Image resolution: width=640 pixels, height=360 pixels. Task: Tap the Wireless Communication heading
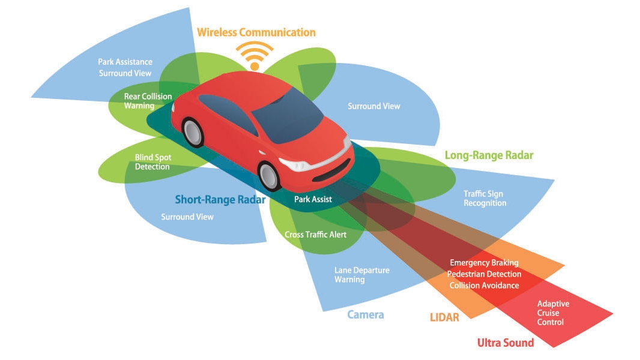click(x=256, y=32)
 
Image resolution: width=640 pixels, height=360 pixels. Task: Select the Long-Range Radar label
click(x=489, y=155)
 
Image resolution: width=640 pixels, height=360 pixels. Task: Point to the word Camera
click(x=365, y=314)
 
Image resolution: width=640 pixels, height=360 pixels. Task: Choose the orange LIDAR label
click(x=444, y=317)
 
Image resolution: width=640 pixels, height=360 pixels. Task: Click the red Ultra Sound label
click(x=505, y=343)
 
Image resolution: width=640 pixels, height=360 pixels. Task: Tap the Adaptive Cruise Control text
click(x=553, y=313)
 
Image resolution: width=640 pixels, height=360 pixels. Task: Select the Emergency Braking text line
click(x=484, y=263)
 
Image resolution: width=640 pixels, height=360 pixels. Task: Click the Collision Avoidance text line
click(x=484, y=286)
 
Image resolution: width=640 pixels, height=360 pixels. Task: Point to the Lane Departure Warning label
click(x=361, y=275)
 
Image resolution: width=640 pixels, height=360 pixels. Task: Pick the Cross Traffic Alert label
click(x=315, y=235)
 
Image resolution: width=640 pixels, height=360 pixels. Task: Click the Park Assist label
click(x=313, y=199)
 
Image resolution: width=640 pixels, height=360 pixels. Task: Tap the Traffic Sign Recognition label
click(x=485, y=199)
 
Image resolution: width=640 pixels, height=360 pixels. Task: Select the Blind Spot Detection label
click(x=152, y=162)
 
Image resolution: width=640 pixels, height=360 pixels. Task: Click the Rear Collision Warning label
click(x=148, y=101)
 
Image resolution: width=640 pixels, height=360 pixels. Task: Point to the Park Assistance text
click(x=125, y=62)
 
